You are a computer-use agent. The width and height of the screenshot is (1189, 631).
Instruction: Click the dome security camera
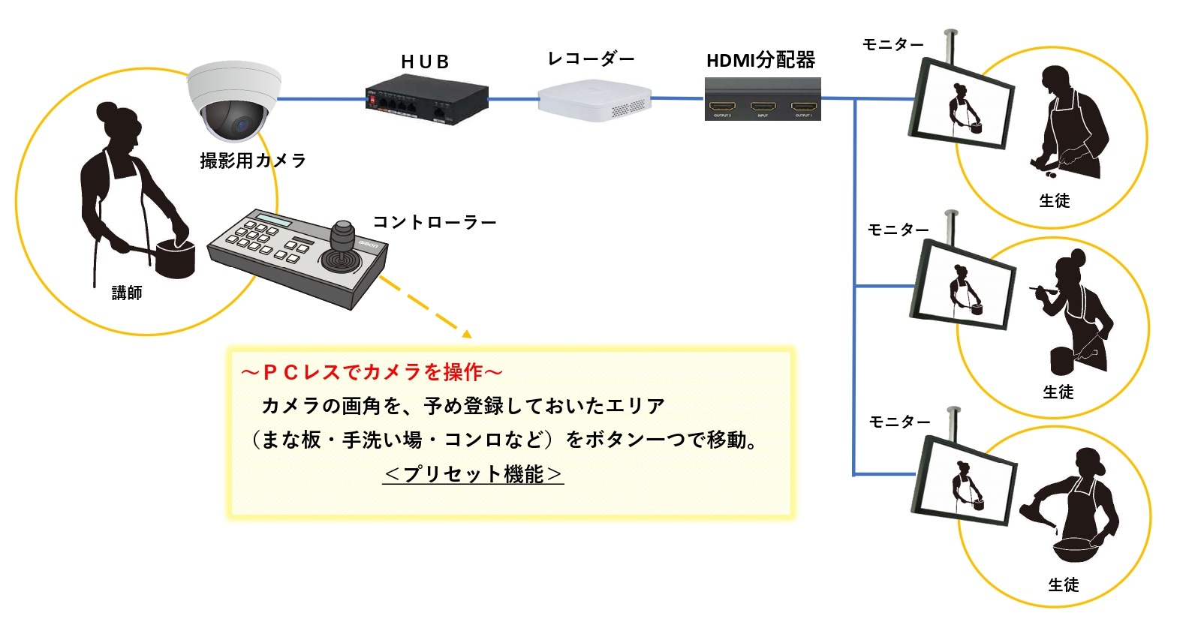click(233, 101)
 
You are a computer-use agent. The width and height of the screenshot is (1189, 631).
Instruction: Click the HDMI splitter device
click(762, 99)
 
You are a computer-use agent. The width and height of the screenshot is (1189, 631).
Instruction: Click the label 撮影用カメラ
click(253, 161)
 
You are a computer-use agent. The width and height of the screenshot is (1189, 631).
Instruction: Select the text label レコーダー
click(591, 59)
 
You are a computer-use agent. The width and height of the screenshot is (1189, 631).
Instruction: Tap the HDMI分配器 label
click(760, 60)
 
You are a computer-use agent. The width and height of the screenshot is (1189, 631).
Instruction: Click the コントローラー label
click(435, 222)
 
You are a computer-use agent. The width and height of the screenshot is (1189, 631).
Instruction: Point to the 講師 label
click(127, 293)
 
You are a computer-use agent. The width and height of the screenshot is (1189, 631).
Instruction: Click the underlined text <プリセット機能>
click(473, 474)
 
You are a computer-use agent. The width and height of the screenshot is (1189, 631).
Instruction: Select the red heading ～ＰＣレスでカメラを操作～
click(372, 372)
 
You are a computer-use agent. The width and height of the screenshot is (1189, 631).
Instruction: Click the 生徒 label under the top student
click(1055, 201)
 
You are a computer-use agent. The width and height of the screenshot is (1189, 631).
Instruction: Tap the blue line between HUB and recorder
click(513, 99)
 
